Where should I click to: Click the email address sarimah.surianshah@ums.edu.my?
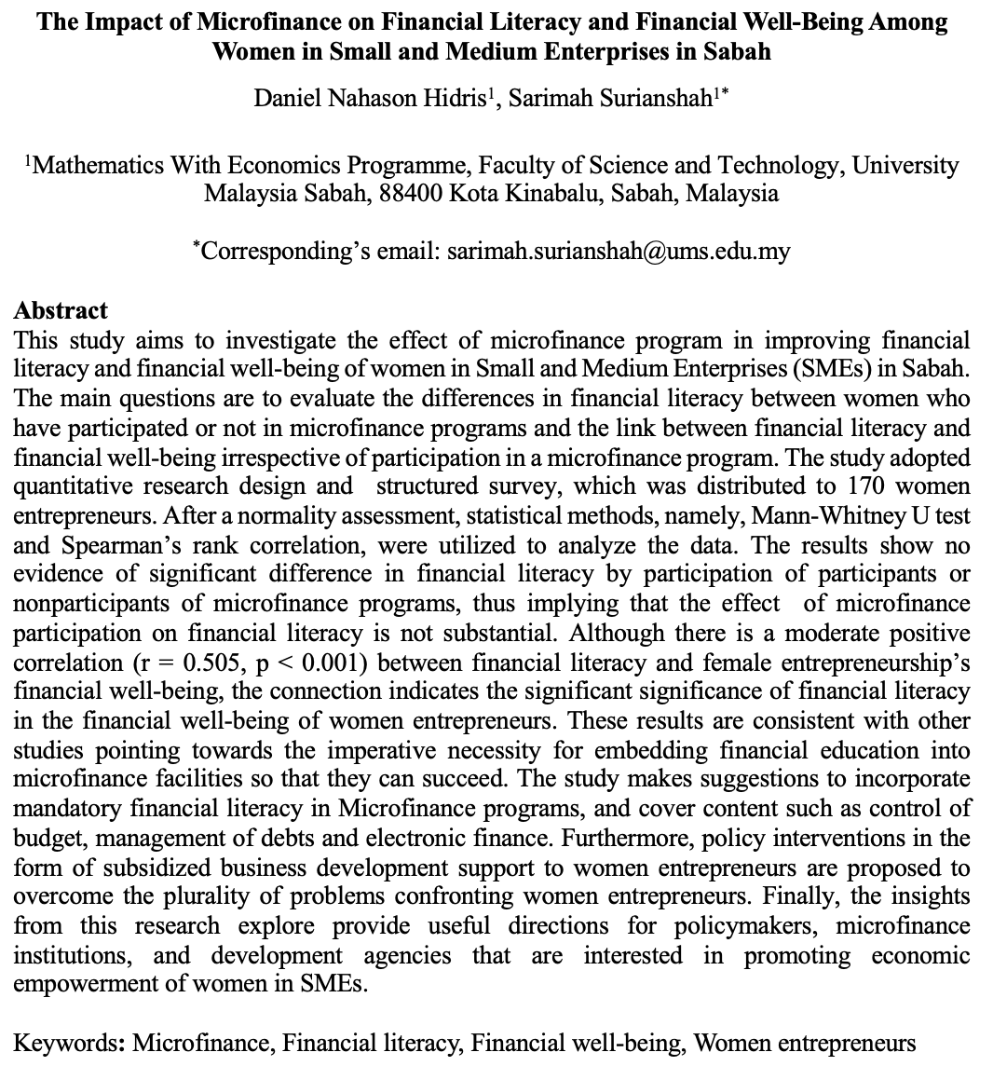(x=619, y=252)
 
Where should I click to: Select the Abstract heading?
(x=61, y=310)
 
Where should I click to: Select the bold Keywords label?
(x=71, y=1043)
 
